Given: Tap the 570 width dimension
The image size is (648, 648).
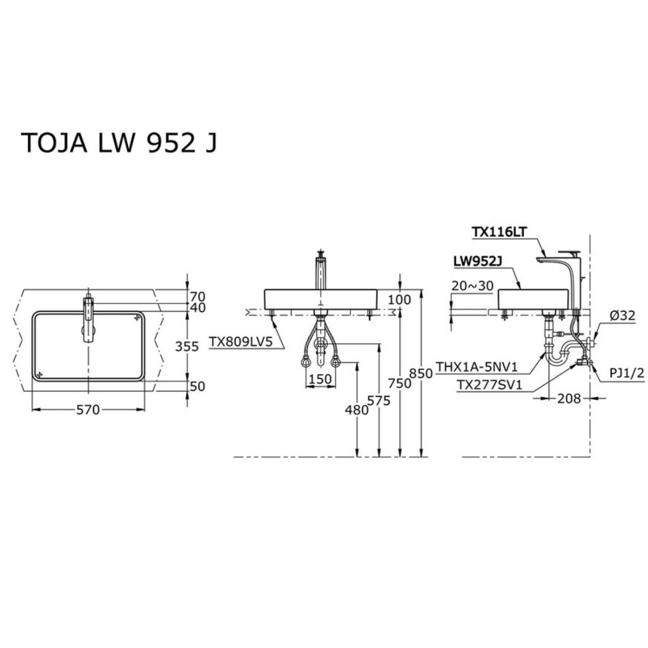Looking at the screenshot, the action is click(88, 409).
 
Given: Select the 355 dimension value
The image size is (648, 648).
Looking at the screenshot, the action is click(187, 346).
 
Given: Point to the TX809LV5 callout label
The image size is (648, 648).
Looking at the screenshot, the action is click(240, 342).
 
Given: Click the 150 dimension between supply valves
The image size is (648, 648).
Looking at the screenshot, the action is click(320, 379).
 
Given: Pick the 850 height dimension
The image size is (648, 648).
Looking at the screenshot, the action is click(421, 373).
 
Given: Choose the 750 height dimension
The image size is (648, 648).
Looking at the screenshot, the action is click(400, 383).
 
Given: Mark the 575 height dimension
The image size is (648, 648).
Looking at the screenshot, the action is click(378, 401).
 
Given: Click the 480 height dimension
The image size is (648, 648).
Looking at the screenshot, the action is click(357, 409).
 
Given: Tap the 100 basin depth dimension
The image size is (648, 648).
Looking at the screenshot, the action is click(400, 299).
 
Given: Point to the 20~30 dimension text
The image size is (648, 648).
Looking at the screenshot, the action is click(472, 286).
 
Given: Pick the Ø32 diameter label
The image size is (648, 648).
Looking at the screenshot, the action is click(623, 316).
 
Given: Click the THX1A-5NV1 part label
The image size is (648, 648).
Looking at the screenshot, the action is click(477, 366).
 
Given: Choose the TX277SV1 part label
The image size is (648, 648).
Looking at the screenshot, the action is click(489, 385).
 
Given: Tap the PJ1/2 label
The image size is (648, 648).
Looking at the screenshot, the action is click(627, 373).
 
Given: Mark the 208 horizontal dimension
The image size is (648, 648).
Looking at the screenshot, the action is click(569, 399).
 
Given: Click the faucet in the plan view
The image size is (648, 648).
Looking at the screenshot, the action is click(89, 318).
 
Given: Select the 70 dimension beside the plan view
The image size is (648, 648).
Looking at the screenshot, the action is click(197, 296).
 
